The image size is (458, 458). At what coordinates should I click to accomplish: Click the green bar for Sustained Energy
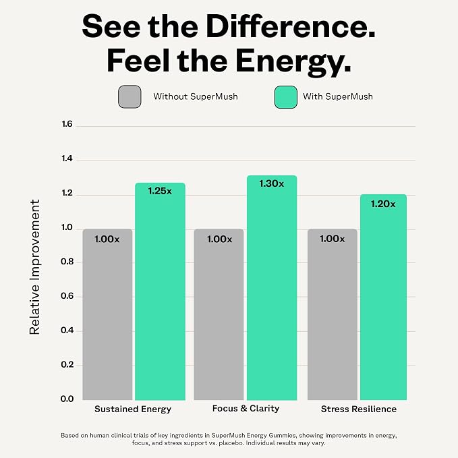tap(160, 291)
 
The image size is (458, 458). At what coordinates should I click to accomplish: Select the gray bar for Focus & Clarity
tap(219, 314)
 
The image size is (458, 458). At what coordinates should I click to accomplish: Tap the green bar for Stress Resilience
tap(383, 297)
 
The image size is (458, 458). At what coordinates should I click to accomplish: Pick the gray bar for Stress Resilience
tap(333, 314)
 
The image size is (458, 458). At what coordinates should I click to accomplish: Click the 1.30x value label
tap(272, 183)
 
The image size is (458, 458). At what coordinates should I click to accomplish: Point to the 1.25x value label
tap(160, 191)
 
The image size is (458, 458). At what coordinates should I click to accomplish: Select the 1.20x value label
tap(383, 204)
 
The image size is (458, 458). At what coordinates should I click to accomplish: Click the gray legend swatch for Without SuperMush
tap(130, 96)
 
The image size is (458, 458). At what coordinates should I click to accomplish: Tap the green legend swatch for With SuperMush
tap(286, 97)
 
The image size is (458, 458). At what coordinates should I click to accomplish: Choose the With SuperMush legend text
tap(338, 96)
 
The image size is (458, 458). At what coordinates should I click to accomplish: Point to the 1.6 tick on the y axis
tap(67, 124)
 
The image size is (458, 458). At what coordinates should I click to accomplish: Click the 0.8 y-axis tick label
tap(67, 262)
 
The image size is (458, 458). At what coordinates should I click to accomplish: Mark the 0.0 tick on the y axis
tap(67, 399)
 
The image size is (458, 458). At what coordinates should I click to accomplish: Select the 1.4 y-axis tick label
tap(67, 159)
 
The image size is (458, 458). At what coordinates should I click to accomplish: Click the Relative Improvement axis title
tap(34, 267)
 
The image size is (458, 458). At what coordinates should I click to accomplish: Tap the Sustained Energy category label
tap(133, 409)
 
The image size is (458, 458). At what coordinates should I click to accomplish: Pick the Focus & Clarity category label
tap(246, 408)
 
